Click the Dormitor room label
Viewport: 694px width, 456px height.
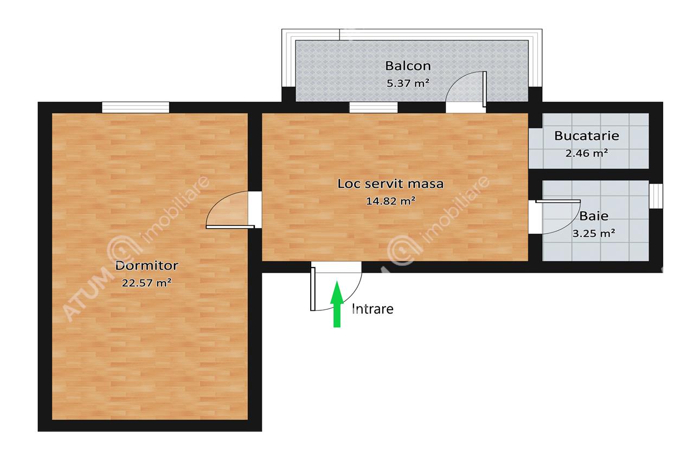point(146,265)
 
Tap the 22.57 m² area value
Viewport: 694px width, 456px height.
point(146,283)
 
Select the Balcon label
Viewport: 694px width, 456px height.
point(408,66)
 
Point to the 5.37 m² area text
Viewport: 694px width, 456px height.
point(408,83)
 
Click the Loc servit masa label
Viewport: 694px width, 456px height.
point(390,184)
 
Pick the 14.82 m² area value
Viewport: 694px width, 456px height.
point(390,201)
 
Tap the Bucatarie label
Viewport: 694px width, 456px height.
point(587,136)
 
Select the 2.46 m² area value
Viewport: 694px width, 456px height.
point(587,153)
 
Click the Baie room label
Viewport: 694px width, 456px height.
point(594,216)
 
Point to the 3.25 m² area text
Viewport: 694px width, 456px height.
point(594,233)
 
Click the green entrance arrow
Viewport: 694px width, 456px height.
point(337,304)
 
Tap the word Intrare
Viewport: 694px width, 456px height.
point(372,309)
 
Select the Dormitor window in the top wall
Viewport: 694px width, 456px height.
point(136,107)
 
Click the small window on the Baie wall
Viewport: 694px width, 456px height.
point(656,196)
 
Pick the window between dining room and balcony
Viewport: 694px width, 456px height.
point(374,107)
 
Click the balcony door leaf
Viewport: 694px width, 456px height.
point(485,89)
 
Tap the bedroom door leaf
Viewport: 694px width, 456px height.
point(230,227)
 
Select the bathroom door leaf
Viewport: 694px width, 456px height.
point(558,201)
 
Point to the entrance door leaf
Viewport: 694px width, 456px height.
point(313,289)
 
